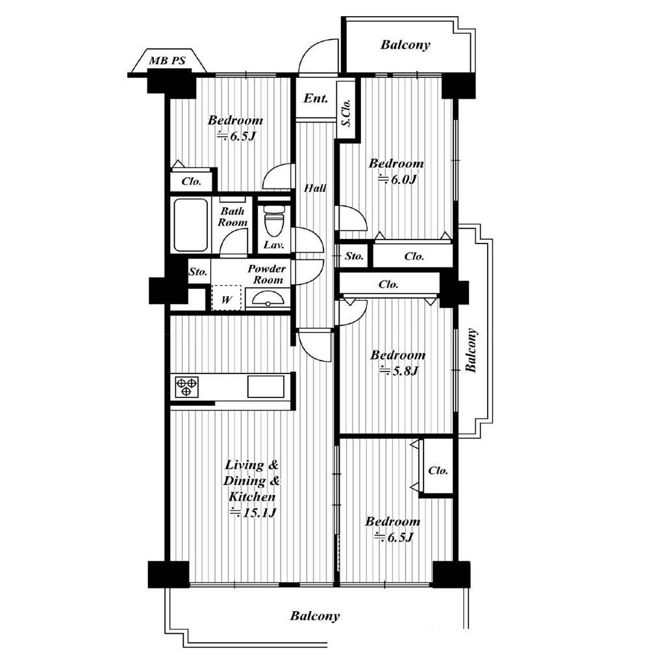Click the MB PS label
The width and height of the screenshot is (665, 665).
[167, 60]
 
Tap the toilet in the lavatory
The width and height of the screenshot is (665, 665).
[275, 220]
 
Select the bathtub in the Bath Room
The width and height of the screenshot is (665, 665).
[191, 225]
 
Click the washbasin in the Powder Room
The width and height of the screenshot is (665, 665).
[267, 298]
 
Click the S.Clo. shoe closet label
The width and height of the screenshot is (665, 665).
[347, 113]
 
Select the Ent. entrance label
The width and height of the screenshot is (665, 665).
[316, 99]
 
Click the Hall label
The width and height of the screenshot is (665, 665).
[315, 188]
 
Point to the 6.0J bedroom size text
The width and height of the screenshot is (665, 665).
[398, 179]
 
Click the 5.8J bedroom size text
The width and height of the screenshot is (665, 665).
[399, 371]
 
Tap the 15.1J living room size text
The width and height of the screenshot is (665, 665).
[253, 513]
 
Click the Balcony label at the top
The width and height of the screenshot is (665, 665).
[405, 45]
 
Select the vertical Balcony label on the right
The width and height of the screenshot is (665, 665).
[471, 350]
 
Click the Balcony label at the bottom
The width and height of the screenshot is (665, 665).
[315, 616]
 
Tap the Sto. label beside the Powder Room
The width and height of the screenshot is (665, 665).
[198, 271]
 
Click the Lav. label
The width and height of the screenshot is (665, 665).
[273, 245]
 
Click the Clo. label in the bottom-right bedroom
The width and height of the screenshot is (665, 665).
[438, 471]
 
